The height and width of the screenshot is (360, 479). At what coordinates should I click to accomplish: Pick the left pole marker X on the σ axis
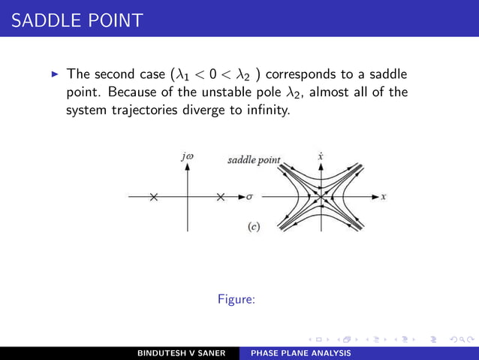tap(154, 197)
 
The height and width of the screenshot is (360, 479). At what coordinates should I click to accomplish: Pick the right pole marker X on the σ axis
tap(221, 197)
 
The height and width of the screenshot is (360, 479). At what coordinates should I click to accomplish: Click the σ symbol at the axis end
tap(249, 197)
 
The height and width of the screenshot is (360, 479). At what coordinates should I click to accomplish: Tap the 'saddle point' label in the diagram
tap(254, 160)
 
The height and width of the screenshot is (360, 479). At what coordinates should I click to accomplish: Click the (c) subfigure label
tap(254, 226)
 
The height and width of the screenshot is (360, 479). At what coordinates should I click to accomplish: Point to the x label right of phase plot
tap(383, 197)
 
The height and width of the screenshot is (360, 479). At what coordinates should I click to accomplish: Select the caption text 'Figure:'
tap(236, 299)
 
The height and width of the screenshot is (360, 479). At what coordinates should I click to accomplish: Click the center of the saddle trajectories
tap(321, 197)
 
